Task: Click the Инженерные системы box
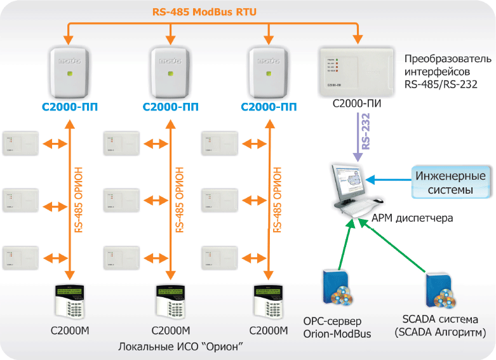point(451,182)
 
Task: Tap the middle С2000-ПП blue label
point(170,109)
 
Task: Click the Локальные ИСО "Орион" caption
point(182,347)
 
